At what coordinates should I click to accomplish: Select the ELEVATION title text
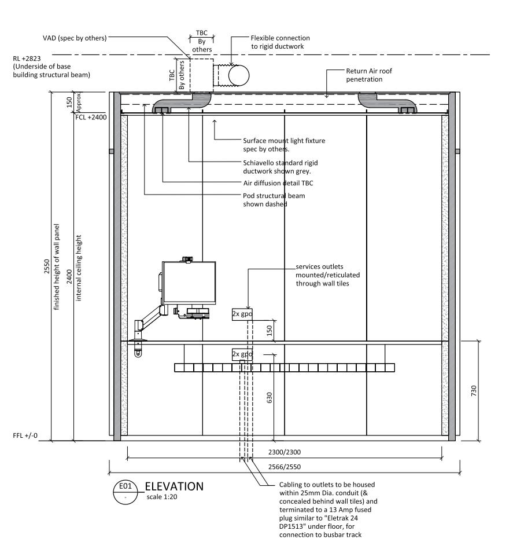[x=174, y=486]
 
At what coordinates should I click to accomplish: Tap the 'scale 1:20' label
[x=163, y=497]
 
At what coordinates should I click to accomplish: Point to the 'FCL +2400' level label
[x=91, y=116]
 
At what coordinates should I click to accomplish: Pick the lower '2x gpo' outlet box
[x=242, y=353]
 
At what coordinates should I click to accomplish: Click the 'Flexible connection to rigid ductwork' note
[x=281, y=42]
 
